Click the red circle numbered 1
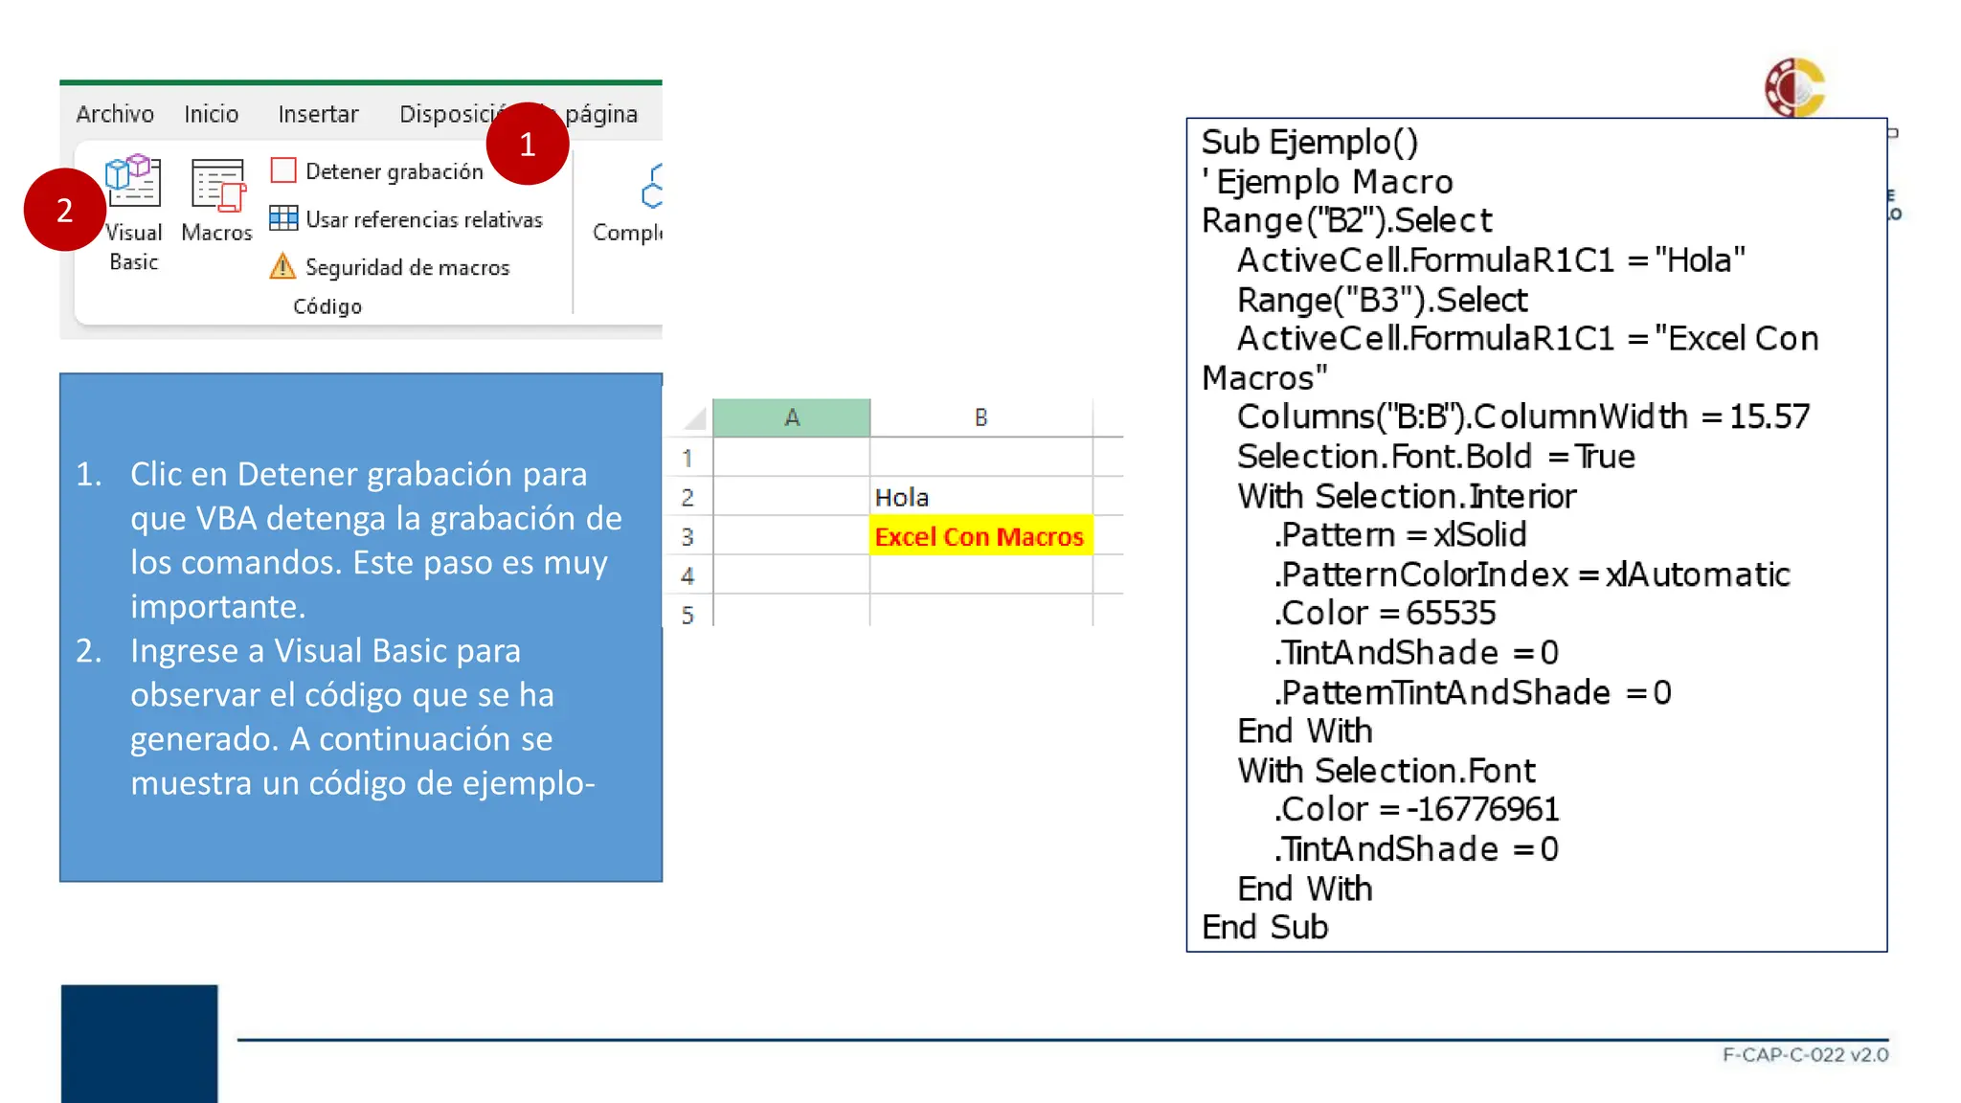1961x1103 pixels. click(528, 144)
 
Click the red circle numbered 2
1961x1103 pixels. click(64, 210)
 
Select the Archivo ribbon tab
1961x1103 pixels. click(115, 114)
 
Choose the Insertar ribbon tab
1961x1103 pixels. click(318, 114)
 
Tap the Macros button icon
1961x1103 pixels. click(217, 184)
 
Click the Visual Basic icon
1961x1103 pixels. click(133, 181)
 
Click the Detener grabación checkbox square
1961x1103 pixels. click(283, 170)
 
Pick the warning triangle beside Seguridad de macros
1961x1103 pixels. click(282, 265)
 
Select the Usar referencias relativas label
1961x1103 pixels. click(423, 219)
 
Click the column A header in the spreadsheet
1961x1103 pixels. click(792, 417)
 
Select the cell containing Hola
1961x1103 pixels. click(980, 497)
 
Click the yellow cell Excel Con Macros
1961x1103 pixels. click(980, 536)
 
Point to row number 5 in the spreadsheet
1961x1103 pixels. click(687, 615)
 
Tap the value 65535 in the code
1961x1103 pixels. click(1451, 613)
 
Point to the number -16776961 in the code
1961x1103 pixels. click(1482, 809)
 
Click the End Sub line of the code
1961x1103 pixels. click(1265, 927)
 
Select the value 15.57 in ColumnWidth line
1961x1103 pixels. click(1769, 416)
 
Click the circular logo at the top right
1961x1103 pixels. click(1795, 87)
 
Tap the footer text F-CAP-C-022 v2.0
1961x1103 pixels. click(1805, 1054)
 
